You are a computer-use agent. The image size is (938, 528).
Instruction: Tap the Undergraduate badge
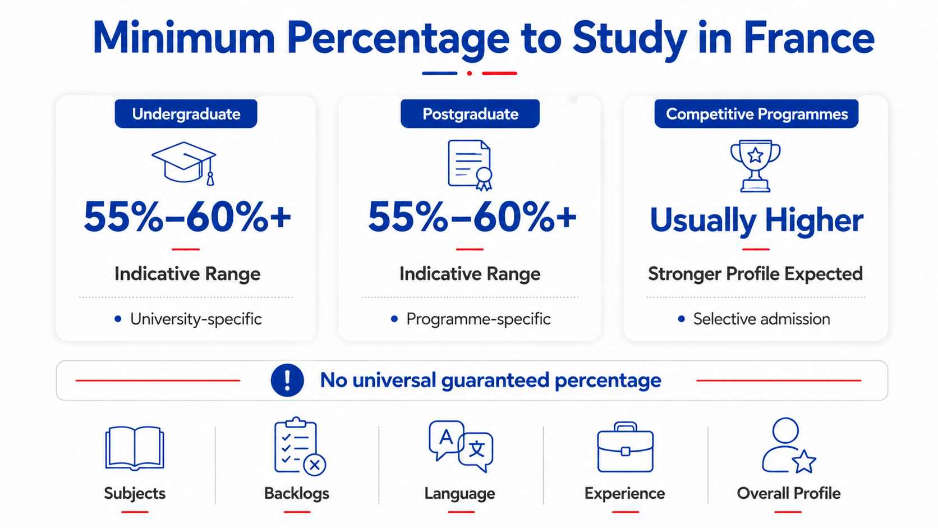(x=186, y=113)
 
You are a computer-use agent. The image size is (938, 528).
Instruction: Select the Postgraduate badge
(x=470, y=113)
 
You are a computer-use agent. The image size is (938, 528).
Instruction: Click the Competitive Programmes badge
(x=756, y=113)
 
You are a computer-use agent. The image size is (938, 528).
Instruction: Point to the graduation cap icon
(x=184, y=163)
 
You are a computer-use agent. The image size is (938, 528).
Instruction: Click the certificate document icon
(x=470, y=165)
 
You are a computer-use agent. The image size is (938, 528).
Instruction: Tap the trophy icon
(x=756, y=166)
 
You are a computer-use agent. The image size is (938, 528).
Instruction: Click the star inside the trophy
(x=756, y=155)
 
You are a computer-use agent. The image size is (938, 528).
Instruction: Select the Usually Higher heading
(x=756, y=221)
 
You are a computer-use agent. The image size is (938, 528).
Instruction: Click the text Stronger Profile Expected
(x=756, y=274)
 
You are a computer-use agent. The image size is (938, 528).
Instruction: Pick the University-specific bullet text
(x=196, y=319)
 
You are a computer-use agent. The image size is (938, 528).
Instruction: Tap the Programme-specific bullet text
(x=478, y=319)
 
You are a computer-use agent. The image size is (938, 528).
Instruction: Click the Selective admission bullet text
(x=761, y=319)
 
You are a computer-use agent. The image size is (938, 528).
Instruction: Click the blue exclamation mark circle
(x=287, y=380)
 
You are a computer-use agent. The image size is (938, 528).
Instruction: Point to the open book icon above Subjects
(x=135, y=448)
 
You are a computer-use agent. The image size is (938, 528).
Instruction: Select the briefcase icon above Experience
(x=625, y=447)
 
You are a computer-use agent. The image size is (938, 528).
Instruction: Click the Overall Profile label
(x=789, y=493)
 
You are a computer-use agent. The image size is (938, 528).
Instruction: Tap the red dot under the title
(x=470, y=74)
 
